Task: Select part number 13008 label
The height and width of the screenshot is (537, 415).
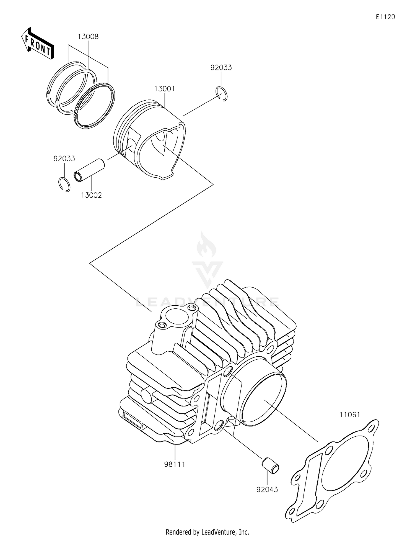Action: [88, 37]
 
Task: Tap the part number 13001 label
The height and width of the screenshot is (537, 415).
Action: [165, 89]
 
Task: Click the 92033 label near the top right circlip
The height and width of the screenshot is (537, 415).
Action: [221, 68]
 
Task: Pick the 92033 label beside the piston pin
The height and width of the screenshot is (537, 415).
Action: [64, 158]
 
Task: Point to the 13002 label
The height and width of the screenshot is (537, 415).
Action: [91, 195]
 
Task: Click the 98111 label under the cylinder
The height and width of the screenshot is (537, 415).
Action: [175, 464]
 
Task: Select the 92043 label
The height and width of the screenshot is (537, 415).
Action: [267, 489]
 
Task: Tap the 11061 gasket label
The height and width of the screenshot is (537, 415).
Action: [350, 415]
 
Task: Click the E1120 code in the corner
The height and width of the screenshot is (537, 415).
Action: [385, 17]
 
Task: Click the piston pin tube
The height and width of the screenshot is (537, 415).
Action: [89, 170]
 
